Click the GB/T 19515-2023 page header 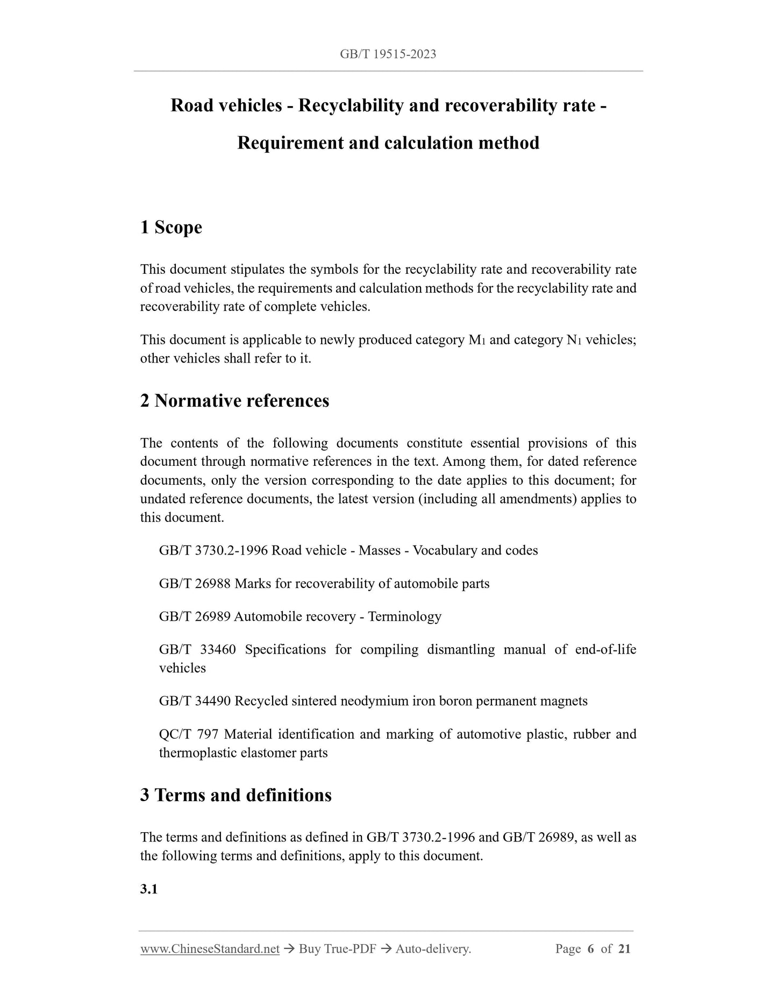click(x=388, y=54)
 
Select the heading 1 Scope click(x=171, y=227)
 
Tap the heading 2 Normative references click(x=234, y=401)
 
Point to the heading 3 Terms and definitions click(x=236, y=795)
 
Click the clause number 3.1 click(x=149, y=889)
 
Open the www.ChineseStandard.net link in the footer click(x=210, y=949)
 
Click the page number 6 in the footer click(x=590, y=949)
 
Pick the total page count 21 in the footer click(x=624, y=949)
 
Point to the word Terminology click(x=404, y=617)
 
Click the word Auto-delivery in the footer click(x=433, y=949)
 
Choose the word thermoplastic click(x=198, y=753)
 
